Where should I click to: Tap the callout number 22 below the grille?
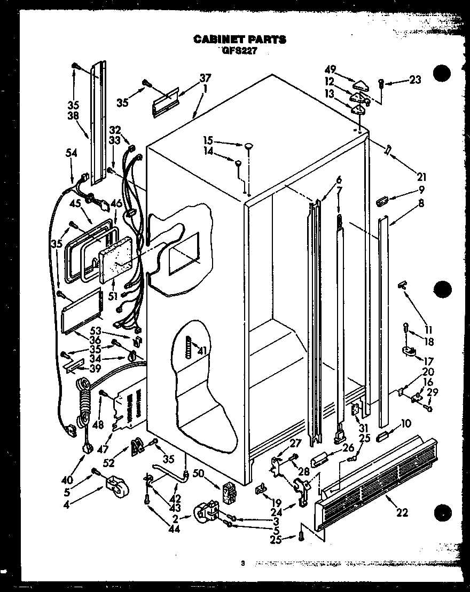coord(402,513)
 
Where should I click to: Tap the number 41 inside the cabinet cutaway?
coord(201,351)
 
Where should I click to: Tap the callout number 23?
coord(415,80)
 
